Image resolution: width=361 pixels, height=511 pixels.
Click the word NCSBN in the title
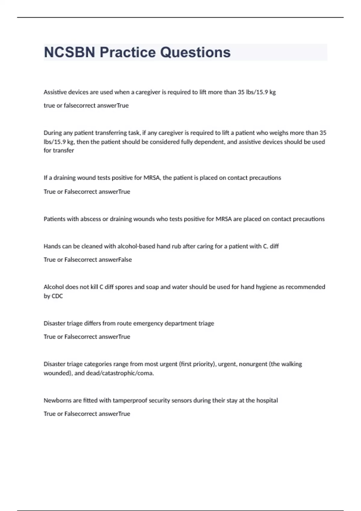tap(69, 52)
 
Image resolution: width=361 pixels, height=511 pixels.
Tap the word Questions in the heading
tap(195, 52)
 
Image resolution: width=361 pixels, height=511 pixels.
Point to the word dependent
tap(209, 142)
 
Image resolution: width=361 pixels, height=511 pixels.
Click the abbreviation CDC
tap(57, 296)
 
